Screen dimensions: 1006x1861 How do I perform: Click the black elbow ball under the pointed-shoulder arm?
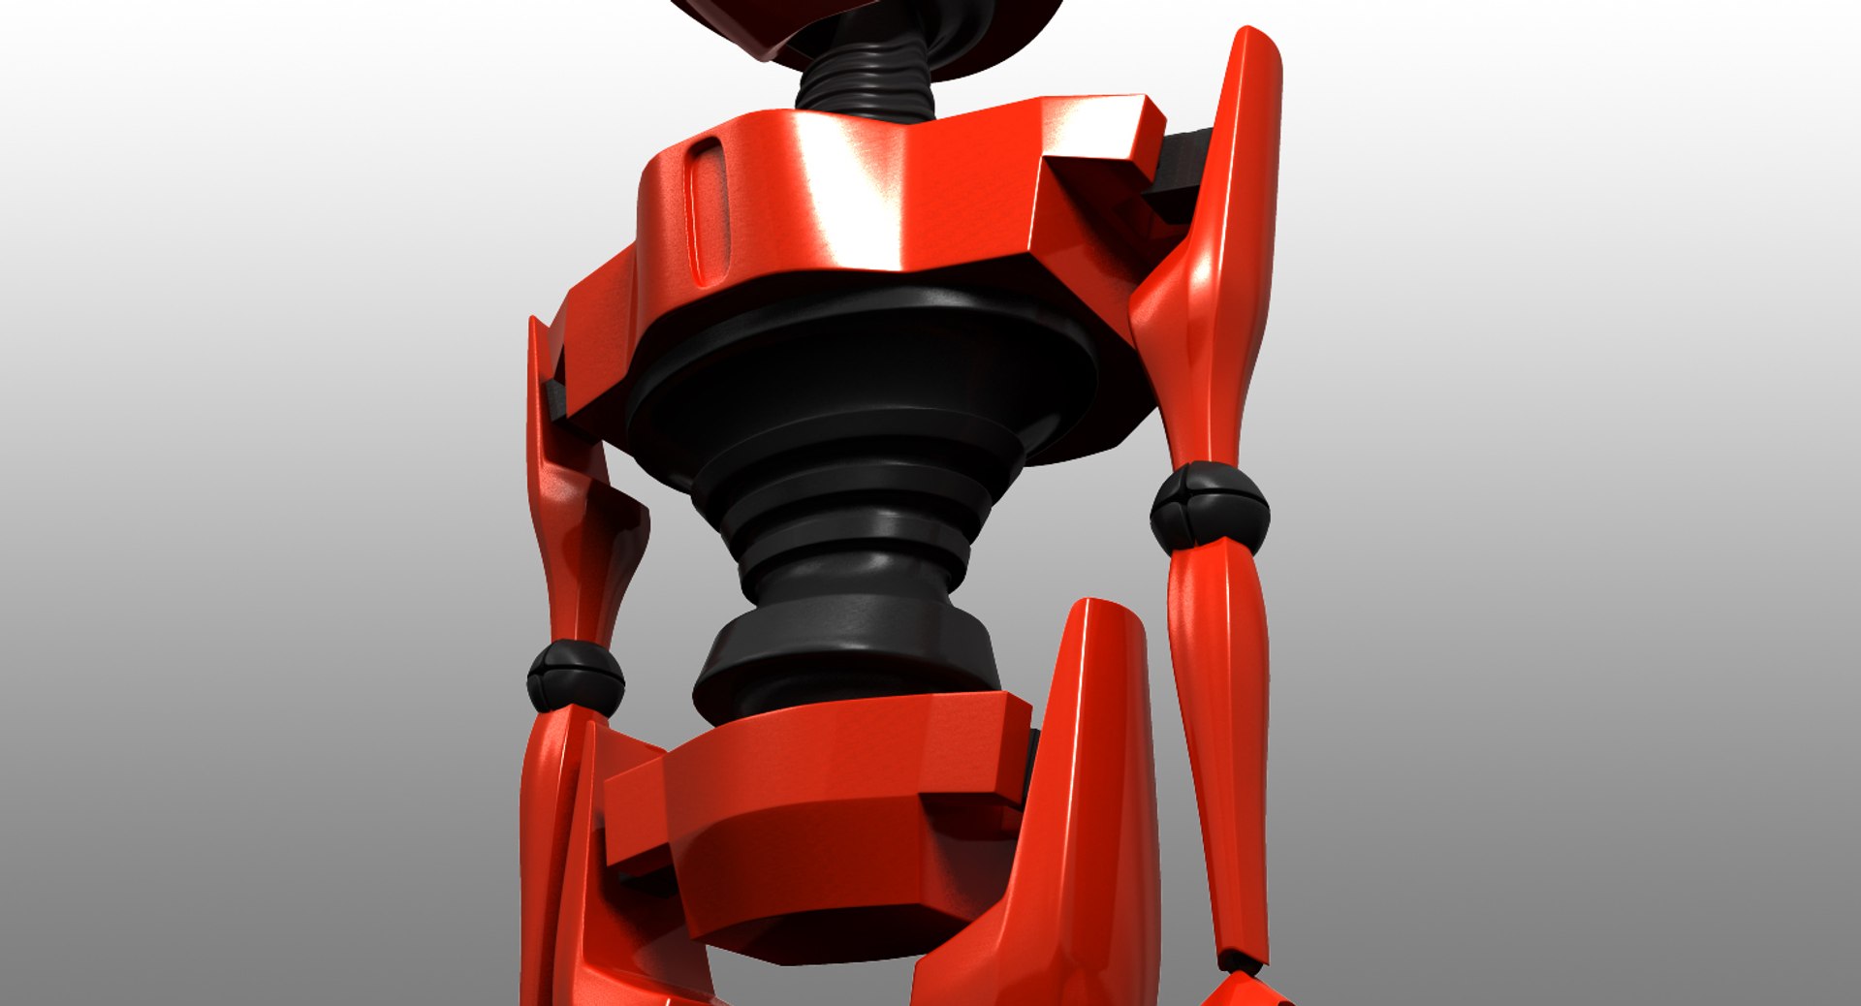tap(1210, 509)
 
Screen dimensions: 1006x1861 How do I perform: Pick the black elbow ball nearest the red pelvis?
tap(575, 676)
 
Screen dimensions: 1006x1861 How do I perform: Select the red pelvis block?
tap(824, 824)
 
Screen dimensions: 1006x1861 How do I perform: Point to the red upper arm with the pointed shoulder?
tap(1212, 291)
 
